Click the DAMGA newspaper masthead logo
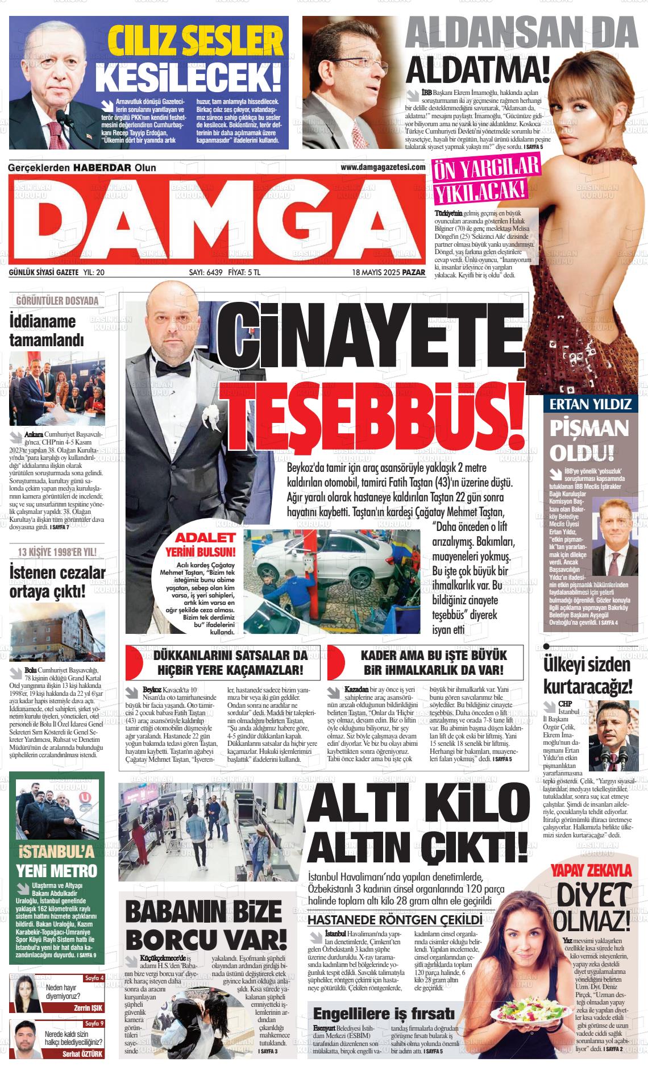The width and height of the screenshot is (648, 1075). click(x=216, y=220)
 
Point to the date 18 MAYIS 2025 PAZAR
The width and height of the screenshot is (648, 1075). click(x=388, y=272)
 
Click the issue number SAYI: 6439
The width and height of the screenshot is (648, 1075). click(x=205, y=272)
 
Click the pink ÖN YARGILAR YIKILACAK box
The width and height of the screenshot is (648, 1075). click(x=486, y=181)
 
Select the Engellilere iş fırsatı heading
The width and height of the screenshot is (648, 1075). click(x=384, y=1014)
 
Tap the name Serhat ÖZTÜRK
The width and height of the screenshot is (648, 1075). click(x=84, y=1053)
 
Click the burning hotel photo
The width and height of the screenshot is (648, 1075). click(x=57, y=630)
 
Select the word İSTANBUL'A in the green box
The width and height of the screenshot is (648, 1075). click(x=56, y=852)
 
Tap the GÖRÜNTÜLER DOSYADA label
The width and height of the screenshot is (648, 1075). click(x=57, y=301)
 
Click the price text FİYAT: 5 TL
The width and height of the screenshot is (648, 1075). click(x=244, y=272)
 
